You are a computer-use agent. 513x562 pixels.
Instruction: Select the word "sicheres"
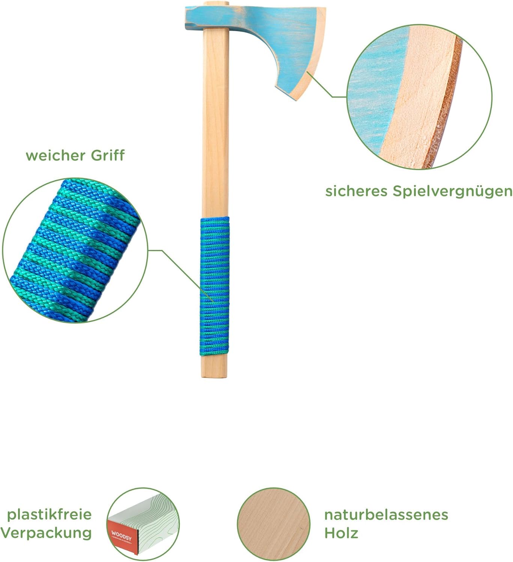point(356,191)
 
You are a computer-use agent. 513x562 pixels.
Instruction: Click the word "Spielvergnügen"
point(452,191)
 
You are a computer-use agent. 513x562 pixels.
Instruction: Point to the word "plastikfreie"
point(50,514)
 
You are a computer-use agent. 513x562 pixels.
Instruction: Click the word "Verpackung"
point(46,533)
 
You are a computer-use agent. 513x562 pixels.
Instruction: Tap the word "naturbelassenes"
point(386,515)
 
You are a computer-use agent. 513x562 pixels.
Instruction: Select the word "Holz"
point(341,533)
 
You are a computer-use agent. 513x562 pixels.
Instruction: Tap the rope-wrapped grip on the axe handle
point(214,287)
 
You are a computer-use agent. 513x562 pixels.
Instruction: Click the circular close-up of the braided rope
point(75,250)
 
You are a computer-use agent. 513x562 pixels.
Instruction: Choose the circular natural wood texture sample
point(274,524)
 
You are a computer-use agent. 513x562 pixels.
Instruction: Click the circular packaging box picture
point(143,524)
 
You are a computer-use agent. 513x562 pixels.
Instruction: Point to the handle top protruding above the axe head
point(216,4)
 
